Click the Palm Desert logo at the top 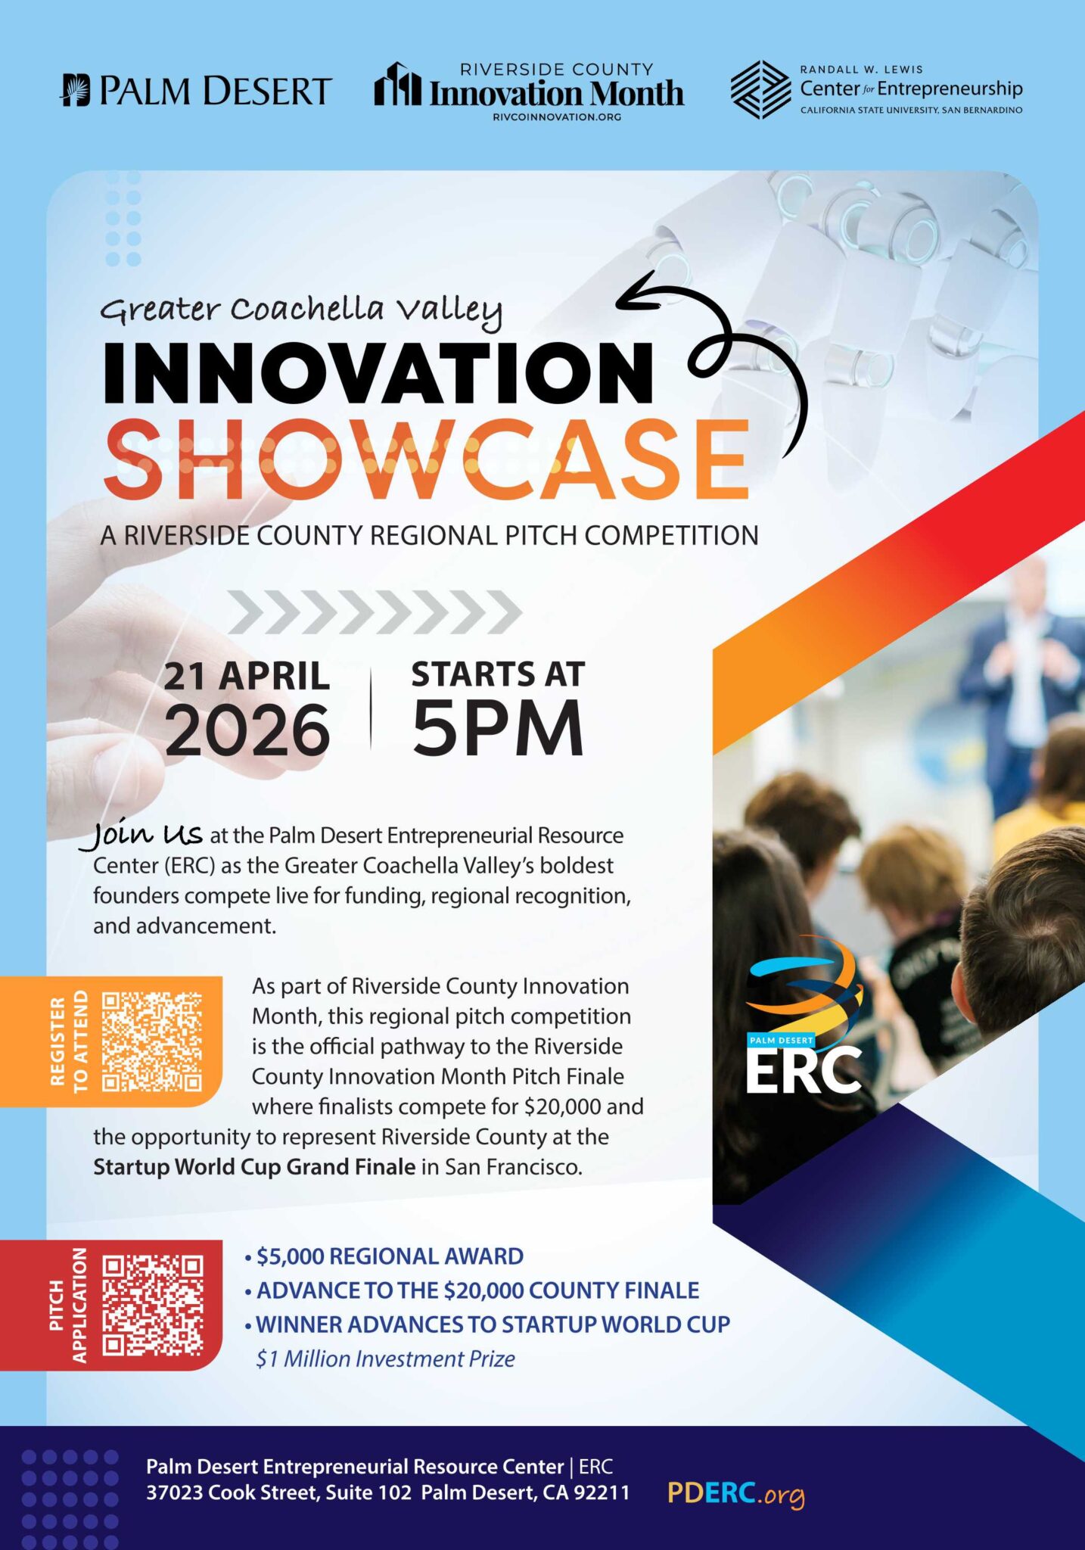[196, 91]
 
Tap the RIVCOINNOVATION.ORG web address [556, 117]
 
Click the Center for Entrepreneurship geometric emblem [760, 90]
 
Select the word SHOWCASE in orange [426, 459]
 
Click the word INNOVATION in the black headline [378, 373]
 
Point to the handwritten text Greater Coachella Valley [301, 310]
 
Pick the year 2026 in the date [247, 730]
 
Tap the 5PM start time [498, 727]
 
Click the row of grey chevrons [375, 612]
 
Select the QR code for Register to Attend [152, 1041]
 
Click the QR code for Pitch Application [152, 1305]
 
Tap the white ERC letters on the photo [804, 1070]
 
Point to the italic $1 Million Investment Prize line [385, 1359]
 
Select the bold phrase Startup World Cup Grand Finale [254, 1166]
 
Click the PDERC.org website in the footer [735, 1493]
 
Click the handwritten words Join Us [147, 835]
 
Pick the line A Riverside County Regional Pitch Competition [429, 536]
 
